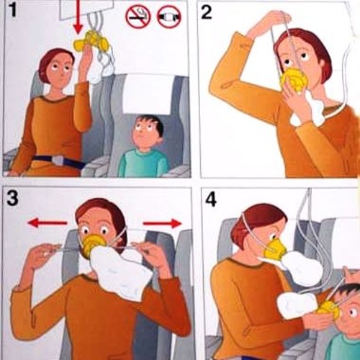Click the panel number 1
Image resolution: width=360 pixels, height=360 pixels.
point(14,10)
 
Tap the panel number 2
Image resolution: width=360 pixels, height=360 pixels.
point(207,12)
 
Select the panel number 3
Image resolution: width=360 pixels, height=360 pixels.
point(12,198)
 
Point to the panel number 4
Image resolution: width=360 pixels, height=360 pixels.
point(210,199)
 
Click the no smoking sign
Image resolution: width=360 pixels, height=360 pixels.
point(138,17)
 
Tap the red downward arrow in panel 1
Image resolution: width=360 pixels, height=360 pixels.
point(78,17)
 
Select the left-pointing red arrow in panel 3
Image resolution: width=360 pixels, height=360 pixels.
point(48,222)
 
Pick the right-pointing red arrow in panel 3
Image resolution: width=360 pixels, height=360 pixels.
point(162,223)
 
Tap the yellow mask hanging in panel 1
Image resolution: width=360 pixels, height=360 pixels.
point(92,41)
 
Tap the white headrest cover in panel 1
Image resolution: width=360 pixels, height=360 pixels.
point(146,96)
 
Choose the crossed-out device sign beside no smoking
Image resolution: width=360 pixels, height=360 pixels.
point(169,17)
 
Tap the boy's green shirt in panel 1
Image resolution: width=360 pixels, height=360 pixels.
point(143,163)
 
